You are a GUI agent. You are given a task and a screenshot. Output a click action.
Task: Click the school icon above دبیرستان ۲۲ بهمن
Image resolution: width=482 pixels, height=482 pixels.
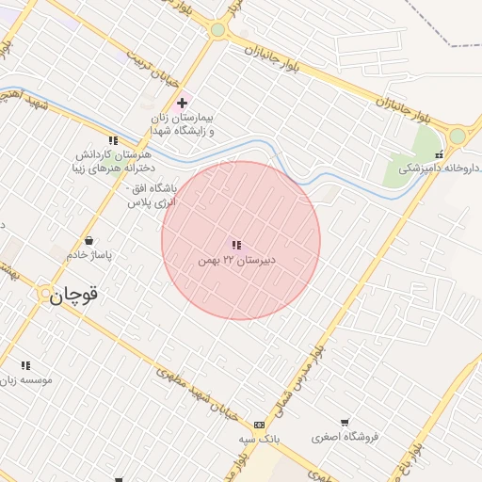[x=236, y=245]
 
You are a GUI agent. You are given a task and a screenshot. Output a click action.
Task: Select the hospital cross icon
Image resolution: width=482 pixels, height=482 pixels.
[x=182, y=102]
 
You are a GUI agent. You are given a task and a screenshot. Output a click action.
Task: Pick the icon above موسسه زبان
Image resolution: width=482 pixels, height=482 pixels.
[x=25, y=365]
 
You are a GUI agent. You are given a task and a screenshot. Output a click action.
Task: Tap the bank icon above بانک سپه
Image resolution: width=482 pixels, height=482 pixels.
[x=260, y=425]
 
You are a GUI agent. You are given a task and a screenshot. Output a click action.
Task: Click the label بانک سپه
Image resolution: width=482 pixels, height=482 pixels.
[x=260, y=439]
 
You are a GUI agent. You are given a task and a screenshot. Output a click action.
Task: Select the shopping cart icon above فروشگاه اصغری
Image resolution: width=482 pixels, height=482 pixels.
[x=345, y=423]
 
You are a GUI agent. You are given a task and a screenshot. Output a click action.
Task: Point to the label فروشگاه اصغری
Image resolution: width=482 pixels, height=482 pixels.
[x=345, y=437]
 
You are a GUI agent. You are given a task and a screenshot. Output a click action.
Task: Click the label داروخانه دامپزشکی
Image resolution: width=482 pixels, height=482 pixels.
[x=440, y=169]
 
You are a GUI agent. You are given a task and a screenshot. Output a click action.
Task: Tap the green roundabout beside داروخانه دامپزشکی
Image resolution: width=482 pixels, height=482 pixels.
[x=458, y=136]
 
